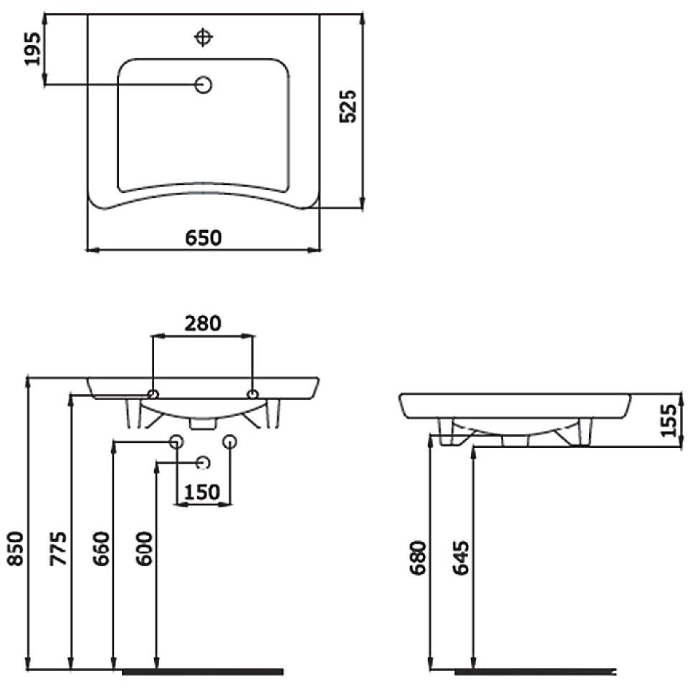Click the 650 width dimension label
coord(203,237)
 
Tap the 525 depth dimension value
coord(348,106)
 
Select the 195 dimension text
coord(32,48)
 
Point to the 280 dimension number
coord(203,323)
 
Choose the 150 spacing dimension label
coord(202,492)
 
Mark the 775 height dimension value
coord(58,548)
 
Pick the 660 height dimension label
coord(101,548)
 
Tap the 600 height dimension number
coord(144,548)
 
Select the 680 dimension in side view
coord(418,558)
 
